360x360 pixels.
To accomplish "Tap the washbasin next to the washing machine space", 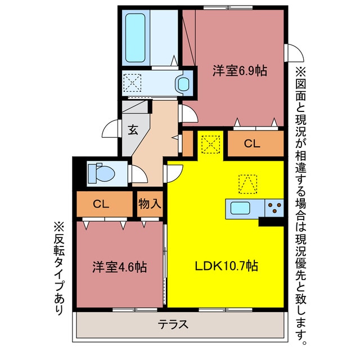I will (184, 84).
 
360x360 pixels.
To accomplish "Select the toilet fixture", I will (100, 173).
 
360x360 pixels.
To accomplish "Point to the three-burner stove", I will (274, 208).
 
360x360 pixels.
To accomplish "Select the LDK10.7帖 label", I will (227, 265).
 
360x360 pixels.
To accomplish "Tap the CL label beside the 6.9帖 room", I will (252, 144).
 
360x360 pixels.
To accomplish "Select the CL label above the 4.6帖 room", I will (101, 204).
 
